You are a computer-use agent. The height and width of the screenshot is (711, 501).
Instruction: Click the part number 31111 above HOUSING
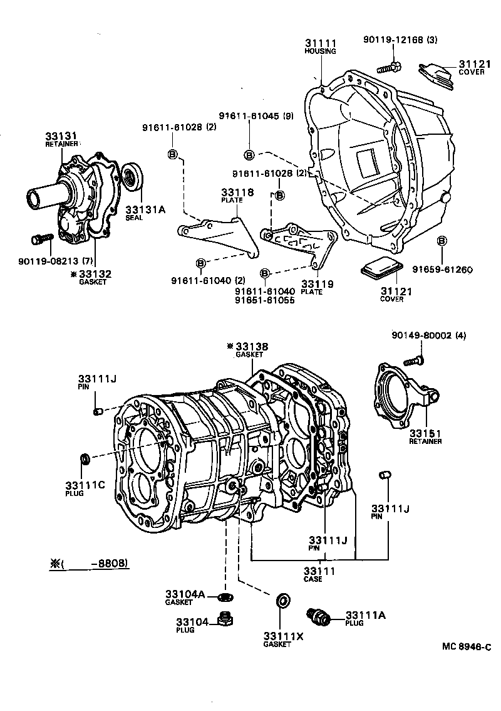[x=321, y=43]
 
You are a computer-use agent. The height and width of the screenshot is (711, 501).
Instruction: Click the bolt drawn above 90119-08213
[x=41, y=239]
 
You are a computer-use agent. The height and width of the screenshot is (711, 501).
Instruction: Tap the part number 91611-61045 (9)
[x=256, y=116]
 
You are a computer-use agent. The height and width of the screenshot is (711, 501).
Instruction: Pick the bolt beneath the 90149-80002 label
[x=414, y=360]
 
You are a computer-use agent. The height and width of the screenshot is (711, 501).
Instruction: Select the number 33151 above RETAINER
[x=426, y=433]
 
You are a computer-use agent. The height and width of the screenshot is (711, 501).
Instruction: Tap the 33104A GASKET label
[x=185, y=594]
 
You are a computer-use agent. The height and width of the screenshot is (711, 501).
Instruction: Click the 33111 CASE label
[x=319, y=571]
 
